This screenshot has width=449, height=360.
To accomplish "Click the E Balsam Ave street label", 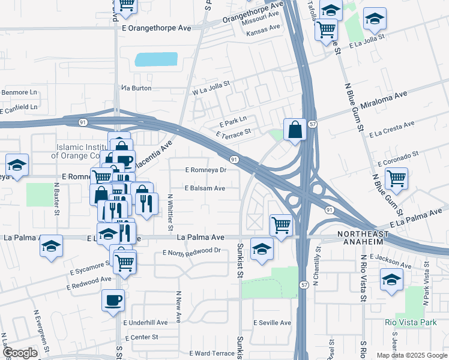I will tap(205, 188).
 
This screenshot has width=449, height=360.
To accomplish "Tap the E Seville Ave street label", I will tap(271, 323).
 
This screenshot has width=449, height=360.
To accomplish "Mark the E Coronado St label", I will tap(398, 159).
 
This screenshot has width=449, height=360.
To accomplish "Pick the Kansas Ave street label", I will tap(263, 28).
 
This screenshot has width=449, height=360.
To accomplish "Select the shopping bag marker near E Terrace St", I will tap(294, 129).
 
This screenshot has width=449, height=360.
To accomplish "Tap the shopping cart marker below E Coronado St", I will tap(396, 178).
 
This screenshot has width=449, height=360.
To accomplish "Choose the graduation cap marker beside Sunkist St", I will tap(262, 248).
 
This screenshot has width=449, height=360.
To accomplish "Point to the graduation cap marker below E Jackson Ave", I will tap(391, 280).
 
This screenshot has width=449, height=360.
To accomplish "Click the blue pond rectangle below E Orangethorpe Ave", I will tap(156, 59).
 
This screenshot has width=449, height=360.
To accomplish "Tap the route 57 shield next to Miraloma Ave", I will tap(313, 124).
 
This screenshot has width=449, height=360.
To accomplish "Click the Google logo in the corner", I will tap(19, 353).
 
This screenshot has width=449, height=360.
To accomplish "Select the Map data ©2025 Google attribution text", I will tap(411, 355).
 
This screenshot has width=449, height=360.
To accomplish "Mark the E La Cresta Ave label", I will tap(391, 129).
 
